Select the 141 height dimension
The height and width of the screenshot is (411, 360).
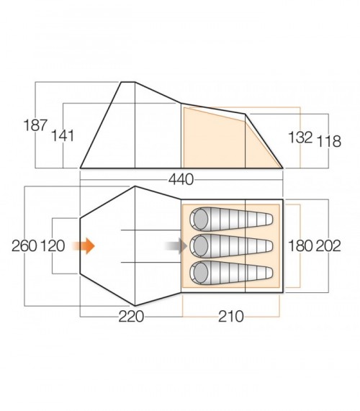(63, 135)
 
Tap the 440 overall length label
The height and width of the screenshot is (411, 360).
(181, 179)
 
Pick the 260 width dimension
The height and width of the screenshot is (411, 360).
(24, 246)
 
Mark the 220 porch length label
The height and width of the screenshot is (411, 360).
(132, 317)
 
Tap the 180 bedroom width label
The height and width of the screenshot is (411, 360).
(300, 246)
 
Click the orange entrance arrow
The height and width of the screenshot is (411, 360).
(86, 246)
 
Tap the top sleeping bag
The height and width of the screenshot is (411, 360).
(233, 218)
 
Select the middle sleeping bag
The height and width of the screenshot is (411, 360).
(233, 246)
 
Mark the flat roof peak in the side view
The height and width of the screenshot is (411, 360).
(127, 83)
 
